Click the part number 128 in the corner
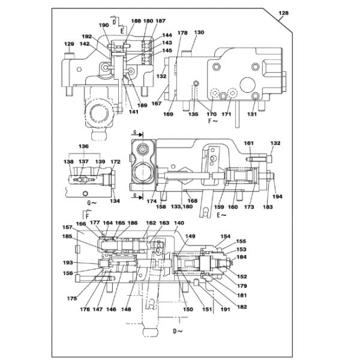tap(283, 13)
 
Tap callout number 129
tap(69, 44)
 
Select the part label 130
tap(199, 32)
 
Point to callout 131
tap(253, 113)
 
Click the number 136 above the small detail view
tap(83, 146)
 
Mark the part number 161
tap(248, 144)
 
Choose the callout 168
tap(191, 201)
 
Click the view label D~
tap(178, 331)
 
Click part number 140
tap(179, 223)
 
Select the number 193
tap(68, 262)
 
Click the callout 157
tap(68, 227)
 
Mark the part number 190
tap(104, 25)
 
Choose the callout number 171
tap(226, 113)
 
